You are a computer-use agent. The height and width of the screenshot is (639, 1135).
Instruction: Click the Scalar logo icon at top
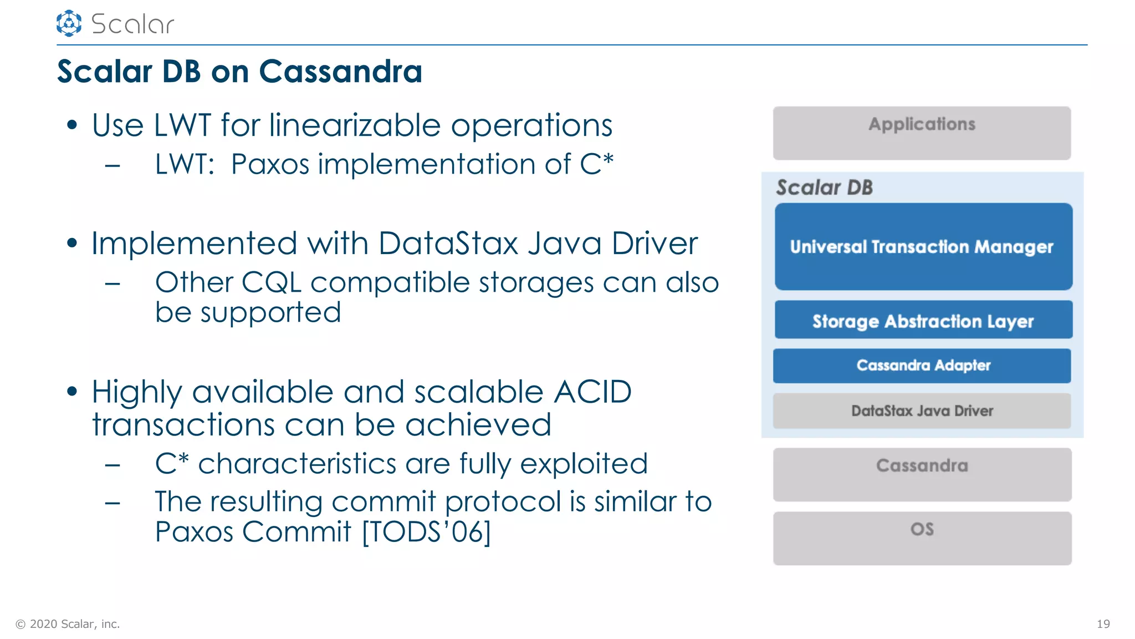coord(69,23)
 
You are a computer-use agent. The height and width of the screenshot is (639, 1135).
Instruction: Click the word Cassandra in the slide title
coord(340,72)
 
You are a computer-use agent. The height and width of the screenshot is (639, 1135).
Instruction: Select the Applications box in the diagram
coord(922,133)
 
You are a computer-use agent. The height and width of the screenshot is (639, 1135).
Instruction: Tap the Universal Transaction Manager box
coord(923,246)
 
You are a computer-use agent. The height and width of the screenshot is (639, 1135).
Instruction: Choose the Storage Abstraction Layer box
coord(923,320)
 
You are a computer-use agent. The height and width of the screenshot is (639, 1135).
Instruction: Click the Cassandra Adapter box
coord(922,366)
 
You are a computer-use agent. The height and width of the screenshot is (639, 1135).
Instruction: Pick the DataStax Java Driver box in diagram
coord(922,411)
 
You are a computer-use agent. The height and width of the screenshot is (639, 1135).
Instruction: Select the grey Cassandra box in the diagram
coord(922,474)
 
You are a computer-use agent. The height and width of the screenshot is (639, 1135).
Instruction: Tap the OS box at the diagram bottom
coord(922,537)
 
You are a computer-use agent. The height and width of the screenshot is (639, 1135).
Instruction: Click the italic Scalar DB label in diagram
coord(824,187)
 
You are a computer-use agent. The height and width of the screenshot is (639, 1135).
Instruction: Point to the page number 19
coord(1103,624)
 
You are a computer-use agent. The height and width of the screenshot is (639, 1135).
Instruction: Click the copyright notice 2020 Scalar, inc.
coord(68,624)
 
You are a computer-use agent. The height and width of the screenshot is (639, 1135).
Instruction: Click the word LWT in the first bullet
coord(182,125)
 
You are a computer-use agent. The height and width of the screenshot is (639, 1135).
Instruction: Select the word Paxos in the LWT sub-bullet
coord(270,165)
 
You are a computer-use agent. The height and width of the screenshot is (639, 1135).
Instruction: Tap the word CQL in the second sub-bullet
coord(271,283)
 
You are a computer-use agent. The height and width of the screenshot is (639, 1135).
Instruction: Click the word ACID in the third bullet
coord(592,392)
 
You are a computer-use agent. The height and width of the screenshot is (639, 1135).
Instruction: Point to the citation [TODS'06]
coord(426,532)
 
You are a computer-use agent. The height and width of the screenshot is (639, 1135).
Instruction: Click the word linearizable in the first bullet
coord(355,125)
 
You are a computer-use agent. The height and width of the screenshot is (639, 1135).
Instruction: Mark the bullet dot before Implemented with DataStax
coord(71,243)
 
